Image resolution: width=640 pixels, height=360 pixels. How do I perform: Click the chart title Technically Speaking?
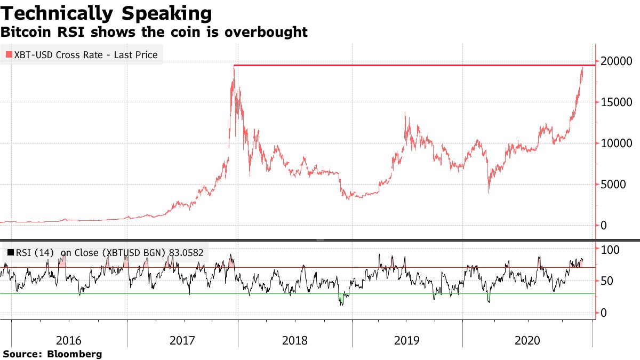coord(106,13)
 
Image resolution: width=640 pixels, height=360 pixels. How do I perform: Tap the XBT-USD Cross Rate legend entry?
coord(86,54)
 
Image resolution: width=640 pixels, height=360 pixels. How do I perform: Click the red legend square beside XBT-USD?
coord(9,54)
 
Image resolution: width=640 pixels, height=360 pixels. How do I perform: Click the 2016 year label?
coord(69,340)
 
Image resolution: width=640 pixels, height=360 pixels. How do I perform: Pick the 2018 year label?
coord(294,340)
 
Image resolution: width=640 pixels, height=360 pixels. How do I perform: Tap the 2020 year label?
coord(527,340)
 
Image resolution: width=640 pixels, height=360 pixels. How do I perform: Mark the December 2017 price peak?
coord(234,66)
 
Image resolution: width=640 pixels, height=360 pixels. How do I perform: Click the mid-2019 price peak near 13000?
coord(406,113)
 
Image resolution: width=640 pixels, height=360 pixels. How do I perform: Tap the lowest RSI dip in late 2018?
coord(341,305)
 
